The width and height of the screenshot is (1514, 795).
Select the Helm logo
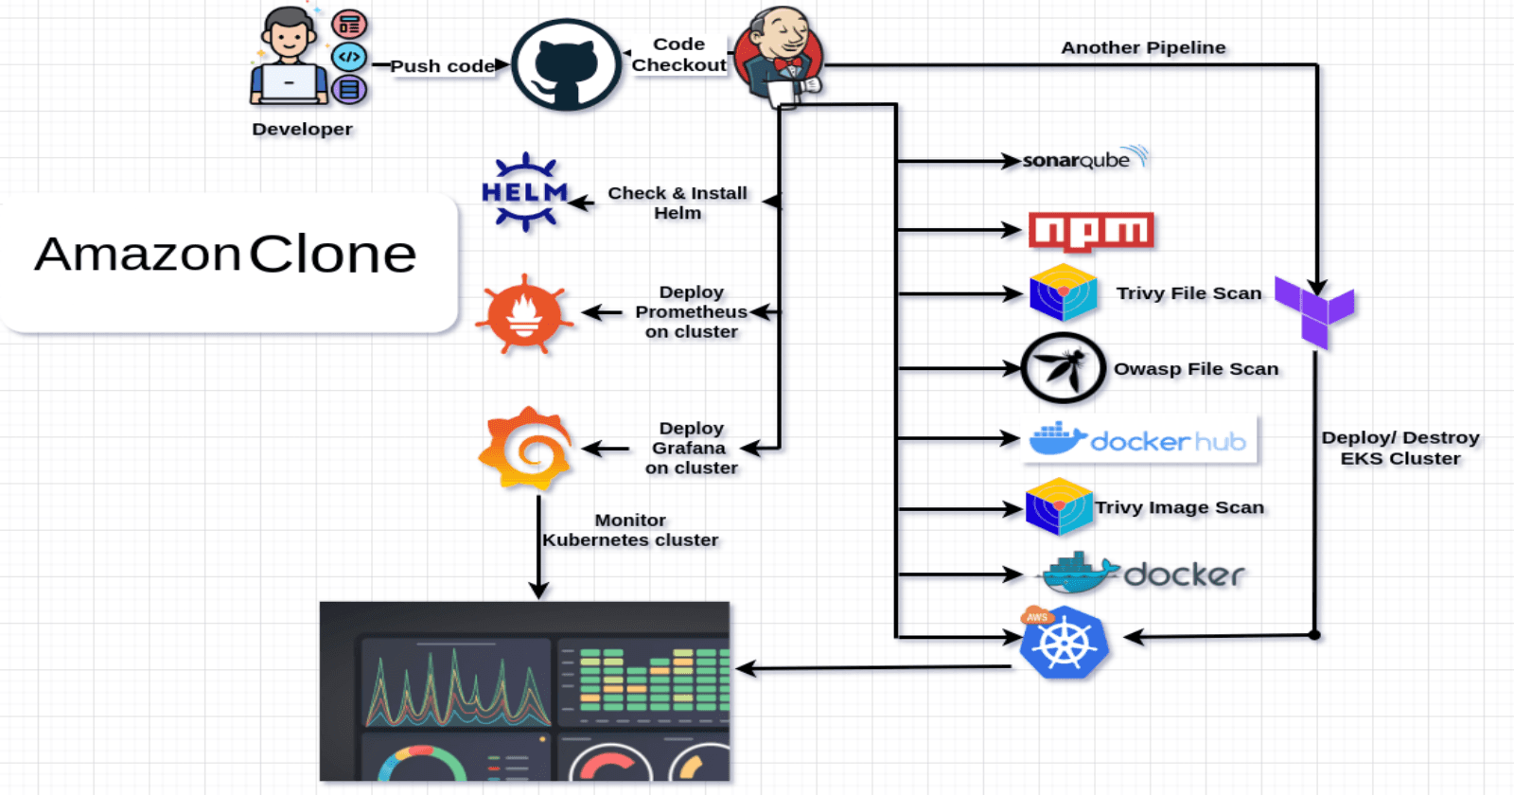tap(525, 192)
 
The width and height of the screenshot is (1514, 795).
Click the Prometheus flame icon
tap(524, 314)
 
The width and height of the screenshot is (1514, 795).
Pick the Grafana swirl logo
tap(526, 448)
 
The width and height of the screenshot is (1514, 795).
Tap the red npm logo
tap(1091, 230)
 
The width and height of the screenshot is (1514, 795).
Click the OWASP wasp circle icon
tap(1063, 368)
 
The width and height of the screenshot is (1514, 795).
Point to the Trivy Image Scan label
tap(1179, 507)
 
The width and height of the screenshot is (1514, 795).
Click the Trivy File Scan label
tap(1188, 293)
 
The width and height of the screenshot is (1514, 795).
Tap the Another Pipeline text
tap(1143, 47)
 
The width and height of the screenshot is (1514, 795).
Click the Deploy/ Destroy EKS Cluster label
tap(1400, 448)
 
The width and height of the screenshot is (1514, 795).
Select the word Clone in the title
tap(332, 255)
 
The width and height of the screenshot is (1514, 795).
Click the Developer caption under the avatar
tap(302, 129)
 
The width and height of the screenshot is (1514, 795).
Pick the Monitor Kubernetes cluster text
tap(630, 530)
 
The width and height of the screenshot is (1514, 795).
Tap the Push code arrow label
tap(442, 66)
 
